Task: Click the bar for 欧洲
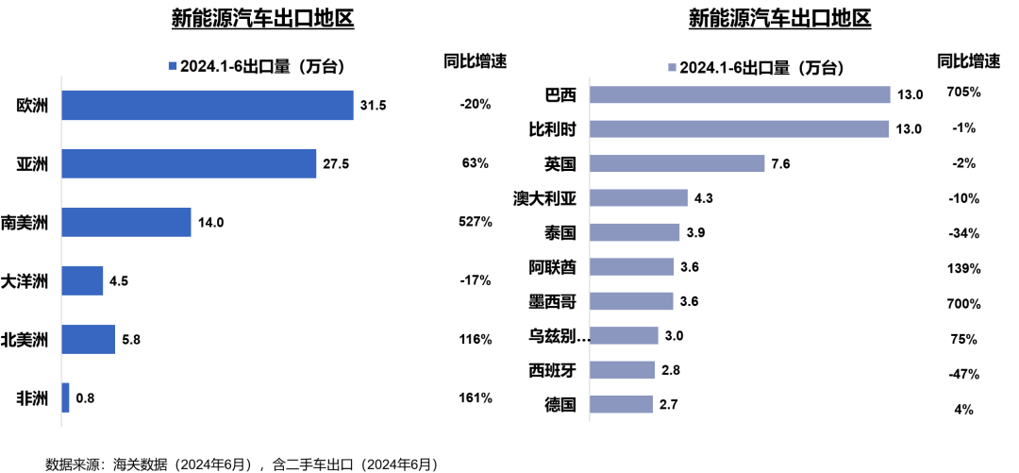tap(208, 105)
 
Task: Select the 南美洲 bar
tap(126, 223)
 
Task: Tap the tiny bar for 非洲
tap(65, 397)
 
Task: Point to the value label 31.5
tap(373, 105)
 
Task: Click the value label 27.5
tap(335, 163)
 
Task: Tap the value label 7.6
tap(780, 164)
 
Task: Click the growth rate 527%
tap(476, 222)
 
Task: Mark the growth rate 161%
tap(476, 397)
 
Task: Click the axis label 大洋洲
tap(25, 280)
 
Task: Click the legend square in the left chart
tap(172, 66)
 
